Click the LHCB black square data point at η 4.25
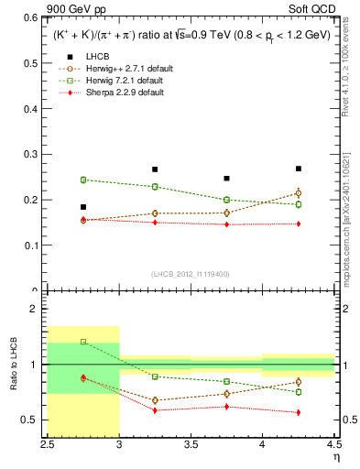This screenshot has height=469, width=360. [299, 169]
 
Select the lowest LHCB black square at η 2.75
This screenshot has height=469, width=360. [83, 207]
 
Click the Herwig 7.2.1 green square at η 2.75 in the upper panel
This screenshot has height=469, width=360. [83, 180]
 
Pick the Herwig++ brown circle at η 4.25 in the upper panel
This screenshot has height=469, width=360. [299, 192]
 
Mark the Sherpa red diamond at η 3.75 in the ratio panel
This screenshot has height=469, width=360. [227, 406]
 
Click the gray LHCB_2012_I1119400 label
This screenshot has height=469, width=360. [191, 274]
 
